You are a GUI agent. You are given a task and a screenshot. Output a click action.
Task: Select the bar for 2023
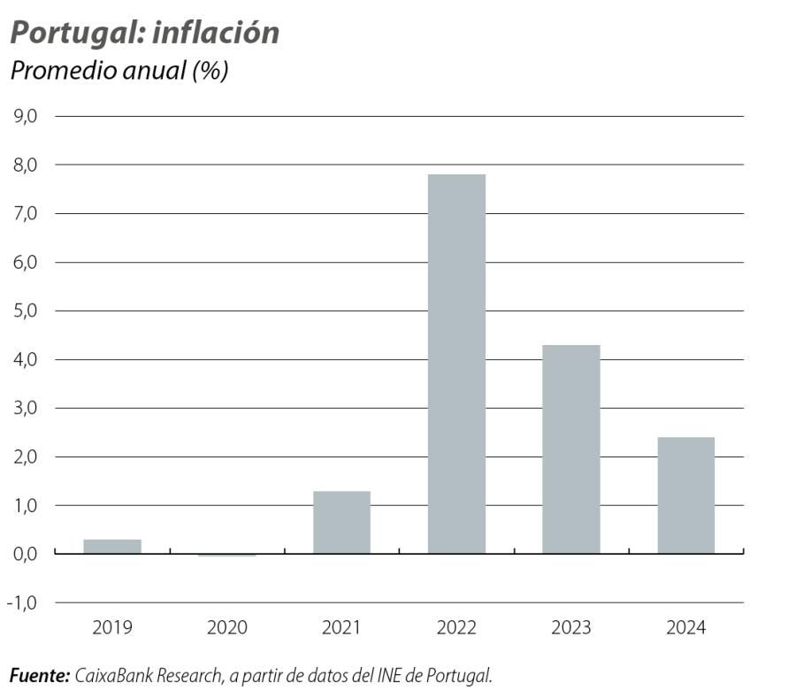coord(570,449)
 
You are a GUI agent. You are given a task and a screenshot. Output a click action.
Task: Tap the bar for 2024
coord(685,495)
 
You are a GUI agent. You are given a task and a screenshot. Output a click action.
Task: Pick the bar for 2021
coord(341,522)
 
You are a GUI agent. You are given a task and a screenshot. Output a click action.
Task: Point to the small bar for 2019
coord(112,546)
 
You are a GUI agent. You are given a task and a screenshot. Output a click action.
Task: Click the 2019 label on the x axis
coord(112,628)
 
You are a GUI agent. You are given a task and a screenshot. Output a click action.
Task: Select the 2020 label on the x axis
coord(227,628)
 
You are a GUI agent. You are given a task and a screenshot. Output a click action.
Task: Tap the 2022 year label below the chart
coord(456,628)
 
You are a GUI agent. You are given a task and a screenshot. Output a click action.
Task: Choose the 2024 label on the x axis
coord(685,628)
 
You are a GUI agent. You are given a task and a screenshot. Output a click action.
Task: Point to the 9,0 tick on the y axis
coord(25,116)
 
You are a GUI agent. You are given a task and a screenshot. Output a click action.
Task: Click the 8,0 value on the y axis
coord(25,165)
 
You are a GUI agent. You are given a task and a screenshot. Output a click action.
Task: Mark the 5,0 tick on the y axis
coord(25,311)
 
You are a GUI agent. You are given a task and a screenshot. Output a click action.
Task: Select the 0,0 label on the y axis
coord(25,554)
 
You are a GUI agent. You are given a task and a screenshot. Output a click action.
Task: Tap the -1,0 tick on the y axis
coord(23,602)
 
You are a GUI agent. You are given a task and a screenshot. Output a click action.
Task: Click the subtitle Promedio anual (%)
coord(119,71)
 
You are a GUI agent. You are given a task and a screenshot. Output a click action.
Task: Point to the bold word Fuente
coord(39,676)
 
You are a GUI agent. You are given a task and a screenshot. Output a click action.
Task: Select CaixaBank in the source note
coord(113,676)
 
